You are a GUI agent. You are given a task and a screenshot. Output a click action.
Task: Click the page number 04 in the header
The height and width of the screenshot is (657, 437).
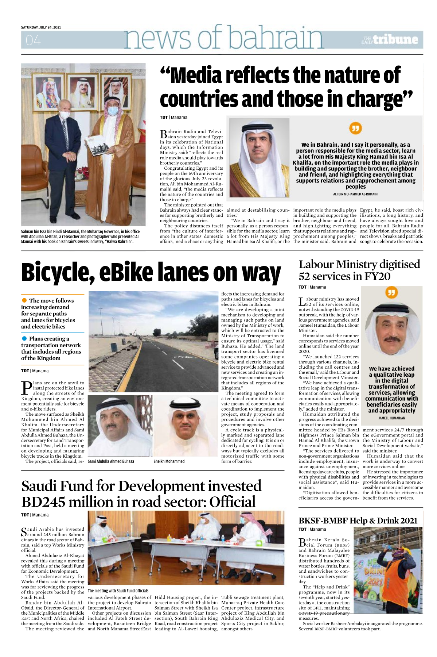pos(33,40)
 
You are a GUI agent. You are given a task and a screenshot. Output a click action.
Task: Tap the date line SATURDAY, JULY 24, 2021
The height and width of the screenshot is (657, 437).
pos(41,27)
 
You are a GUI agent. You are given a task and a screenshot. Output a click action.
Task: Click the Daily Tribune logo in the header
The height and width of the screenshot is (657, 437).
pos(390,39)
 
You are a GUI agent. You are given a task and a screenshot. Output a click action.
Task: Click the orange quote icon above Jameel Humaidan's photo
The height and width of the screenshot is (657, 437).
pos(391,292)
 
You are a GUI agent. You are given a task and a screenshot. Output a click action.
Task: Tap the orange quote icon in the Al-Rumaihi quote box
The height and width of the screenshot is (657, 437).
pos(355,128)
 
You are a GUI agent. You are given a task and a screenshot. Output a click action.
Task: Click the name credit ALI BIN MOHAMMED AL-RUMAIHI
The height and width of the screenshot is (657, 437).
pos(355,194)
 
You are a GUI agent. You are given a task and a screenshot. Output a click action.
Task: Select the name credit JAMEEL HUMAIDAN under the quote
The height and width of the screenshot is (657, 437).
pos(391,418)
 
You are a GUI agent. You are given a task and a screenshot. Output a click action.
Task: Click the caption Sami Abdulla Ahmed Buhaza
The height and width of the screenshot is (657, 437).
pos(111,461)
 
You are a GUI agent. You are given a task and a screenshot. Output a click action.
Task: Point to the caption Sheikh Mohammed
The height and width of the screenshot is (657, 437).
pos(169,461)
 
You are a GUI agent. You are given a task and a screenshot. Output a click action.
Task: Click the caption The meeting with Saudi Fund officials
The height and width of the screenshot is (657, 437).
pos(118,591)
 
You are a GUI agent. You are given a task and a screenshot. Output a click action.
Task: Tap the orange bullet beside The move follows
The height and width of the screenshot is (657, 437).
pos(24,300)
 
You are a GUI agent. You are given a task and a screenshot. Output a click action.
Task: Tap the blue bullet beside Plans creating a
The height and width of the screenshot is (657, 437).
pos(24,338)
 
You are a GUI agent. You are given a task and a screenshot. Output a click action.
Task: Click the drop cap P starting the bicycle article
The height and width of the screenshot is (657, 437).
pos(27,388)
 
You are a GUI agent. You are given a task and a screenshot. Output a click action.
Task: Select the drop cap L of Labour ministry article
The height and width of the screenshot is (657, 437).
pos(302,302)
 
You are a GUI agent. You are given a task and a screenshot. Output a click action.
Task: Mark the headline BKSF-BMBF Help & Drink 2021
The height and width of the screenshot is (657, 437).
pos(358,520)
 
